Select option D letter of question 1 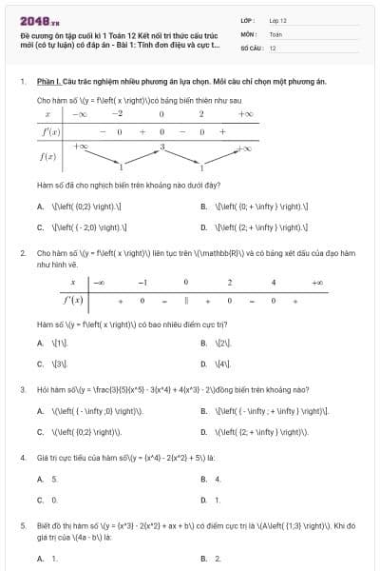204,227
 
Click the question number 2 22,253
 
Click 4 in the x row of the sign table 273,283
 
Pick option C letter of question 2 40,364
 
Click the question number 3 22,389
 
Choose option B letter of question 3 204,410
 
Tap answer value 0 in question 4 54,499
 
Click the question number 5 22,524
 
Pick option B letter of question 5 204,559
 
